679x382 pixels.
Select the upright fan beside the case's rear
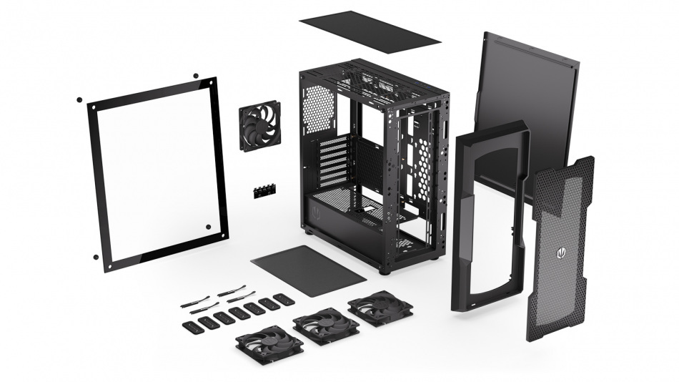pos(260,126)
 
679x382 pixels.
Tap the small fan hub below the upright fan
pos(264,191)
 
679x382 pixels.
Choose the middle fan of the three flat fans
pos(326,326)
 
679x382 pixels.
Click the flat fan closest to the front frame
pos(380,308)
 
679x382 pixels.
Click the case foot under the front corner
pos(385,270)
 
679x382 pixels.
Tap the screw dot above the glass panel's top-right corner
pos(195,74)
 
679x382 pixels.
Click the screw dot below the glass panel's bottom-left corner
pos(95,256)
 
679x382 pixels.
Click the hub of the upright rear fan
pos(260,126)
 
